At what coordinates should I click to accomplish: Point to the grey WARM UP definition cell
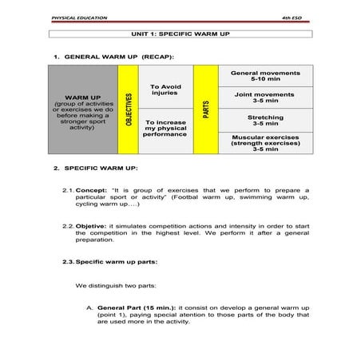pos(82,110)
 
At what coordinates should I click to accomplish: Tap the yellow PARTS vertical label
pos(205,110)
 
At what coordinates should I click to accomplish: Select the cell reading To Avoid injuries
pos(166,89)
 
